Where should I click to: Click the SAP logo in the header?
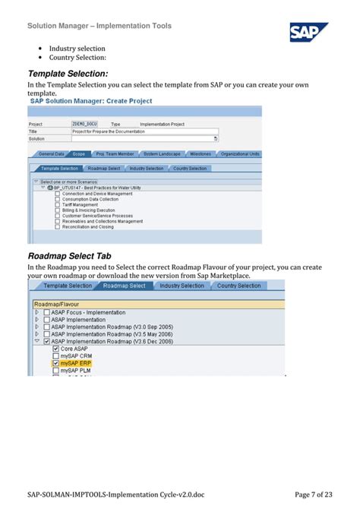308,33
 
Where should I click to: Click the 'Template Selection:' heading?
68,73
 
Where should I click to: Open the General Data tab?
52,153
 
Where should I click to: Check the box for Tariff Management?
57,204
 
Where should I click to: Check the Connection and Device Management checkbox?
57,194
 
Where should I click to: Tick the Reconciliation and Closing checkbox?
57,226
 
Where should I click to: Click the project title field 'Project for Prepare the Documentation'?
144,131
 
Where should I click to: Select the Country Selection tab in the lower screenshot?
238,286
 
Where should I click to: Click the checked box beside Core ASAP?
55,349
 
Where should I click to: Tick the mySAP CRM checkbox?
55,356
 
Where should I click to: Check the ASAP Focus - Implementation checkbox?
47,312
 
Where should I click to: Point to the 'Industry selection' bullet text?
77,49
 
